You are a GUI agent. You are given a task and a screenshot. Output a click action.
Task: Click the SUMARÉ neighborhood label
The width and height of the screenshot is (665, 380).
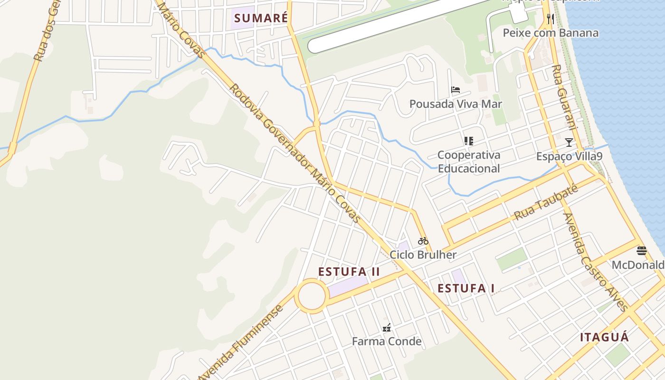coord(261,19)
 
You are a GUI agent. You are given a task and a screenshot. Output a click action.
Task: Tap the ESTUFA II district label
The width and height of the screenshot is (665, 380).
coord(349,272)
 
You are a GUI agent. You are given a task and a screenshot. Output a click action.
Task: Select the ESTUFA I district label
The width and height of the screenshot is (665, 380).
coord(466,288)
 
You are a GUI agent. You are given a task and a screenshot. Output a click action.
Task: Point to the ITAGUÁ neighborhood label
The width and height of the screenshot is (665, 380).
coord(604,337)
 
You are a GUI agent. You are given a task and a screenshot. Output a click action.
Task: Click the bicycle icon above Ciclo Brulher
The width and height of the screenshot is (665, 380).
coord(423,241)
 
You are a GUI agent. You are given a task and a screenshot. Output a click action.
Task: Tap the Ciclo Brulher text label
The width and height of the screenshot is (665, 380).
coord(423,255)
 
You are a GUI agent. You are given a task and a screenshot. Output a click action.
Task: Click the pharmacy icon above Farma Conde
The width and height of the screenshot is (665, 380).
coord(387,327)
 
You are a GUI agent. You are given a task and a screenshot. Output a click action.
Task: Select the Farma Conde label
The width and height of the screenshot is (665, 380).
coord(387,341)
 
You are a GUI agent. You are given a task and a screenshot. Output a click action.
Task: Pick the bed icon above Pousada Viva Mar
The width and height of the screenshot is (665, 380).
coord(456,89)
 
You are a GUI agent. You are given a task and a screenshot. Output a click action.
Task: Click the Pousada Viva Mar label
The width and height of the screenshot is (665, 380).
coord(456,104)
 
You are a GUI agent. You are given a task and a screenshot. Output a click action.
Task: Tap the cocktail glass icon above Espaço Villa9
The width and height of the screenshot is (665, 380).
coord(569,142)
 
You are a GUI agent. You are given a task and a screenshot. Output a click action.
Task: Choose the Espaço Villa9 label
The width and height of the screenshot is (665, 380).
coord(569,156)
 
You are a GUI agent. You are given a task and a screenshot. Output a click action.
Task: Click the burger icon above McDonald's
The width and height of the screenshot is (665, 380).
coord(641,250)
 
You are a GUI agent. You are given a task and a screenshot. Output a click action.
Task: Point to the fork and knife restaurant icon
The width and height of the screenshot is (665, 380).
coord(551,19)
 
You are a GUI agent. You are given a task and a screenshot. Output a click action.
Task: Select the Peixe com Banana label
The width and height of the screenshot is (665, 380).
coord(551,33)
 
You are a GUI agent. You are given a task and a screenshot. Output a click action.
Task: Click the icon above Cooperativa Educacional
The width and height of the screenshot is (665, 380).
coord(469,141)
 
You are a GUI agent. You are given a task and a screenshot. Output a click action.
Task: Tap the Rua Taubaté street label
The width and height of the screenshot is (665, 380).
coord(546,203)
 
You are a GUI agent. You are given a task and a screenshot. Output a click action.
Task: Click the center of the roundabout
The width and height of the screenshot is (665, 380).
coord(312,296)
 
